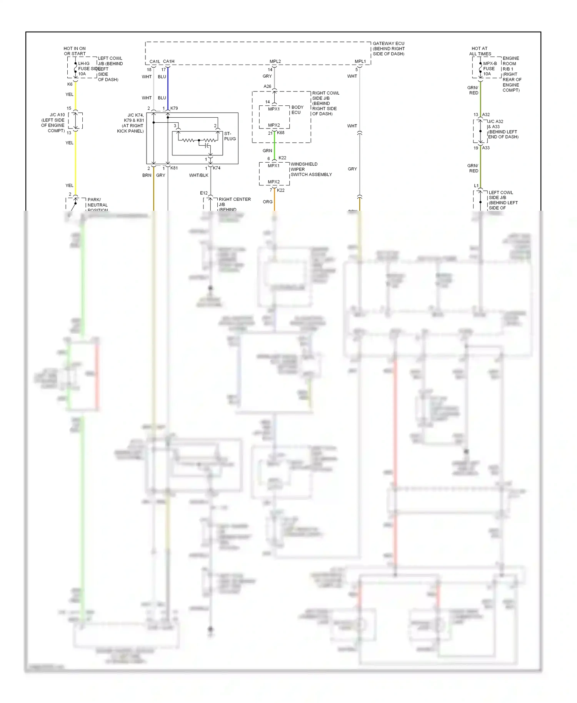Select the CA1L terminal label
[x=155, y=62]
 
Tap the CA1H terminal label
[x=169, y=62]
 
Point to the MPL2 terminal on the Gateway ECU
[x=275, y=62]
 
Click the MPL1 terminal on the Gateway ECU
[x=360, y=62]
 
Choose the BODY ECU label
[x=297, y=110]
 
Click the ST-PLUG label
[x=230, y=136]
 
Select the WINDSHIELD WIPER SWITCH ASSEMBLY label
[x=311, y=169]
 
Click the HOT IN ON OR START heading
[x=75, y=51]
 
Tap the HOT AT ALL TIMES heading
[x=480, y=51]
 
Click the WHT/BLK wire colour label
[x=198, y=175]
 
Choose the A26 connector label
[x=267, y=87]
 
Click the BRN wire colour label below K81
[x=147, y=175]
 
